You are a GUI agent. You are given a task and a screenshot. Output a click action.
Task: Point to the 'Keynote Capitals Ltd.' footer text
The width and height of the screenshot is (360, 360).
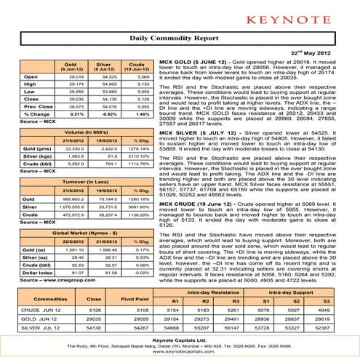[180, 343]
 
